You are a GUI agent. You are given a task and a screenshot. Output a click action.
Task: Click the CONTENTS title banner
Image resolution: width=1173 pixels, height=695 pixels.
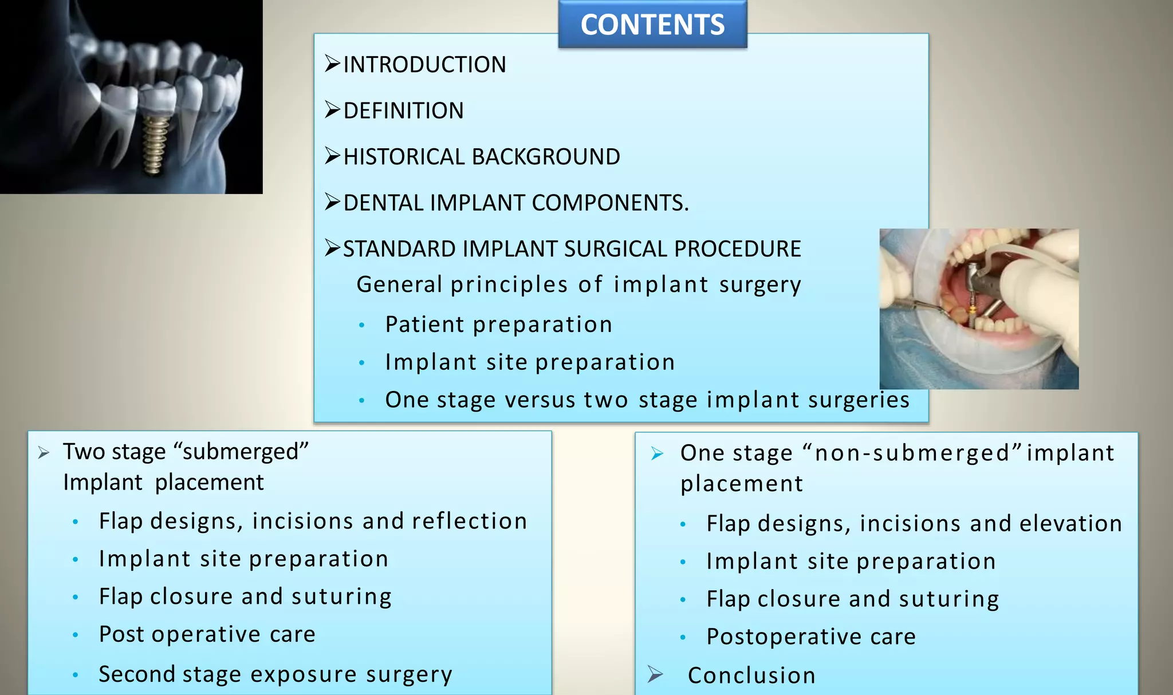652,25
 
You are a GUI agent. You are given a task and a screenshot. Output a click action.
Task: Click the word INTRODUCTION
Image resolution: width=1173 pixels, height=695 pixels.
424,65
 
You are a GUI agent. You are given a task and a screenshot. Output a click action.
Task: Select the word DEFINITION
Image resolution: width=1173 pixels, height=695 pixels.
403,110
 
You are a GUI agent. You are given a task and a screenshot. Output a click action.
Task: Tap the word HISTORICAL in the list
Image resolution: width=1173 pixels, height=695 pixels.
404,157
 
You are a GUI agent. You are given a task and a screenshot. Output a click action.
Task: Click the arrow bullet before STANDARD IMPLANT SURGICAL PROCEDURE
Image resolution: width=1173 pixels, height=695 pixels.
332,248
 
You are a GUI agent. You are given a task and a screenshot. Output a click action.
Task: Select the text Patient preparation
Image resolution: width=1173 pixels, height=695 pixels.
498,325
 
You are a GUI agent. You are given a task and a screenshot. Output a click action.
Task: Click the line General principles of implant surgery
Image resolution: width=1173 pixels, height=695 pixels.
578,285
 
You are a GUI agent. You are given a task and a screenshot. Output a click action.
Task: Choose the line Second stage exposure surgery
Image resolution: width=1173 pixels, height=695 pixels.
275,674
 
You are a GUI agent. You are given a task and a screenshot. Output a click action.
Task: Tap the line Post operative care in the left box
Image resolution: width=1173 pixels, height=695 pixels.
207,634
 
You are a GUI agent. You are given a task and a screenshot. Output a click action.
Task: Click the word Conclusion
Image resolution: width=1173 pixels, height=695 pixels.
751,676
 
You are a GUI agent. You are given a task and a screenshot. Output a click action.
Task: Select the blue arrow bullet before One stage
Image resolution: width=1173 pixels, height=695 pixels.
657,454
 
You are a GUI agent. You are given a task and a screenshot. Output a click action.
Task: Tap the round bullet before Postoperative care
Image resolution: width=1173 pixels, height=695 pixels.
683,637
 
